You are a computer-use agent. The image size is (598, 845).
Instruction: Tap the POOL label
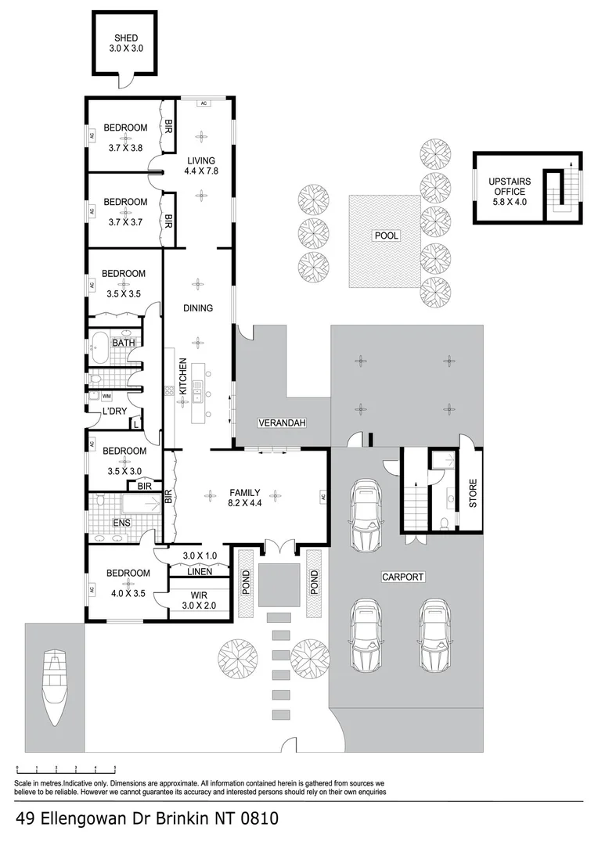click(387, 235)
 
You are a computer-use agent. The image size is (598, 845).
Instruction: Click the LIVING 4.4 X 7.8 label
click(200, 166)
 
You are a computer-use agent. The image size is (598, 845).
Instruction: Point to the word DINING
click(198, 307)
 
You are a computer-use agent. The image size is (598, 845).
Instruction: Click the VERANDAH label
click(281, 423)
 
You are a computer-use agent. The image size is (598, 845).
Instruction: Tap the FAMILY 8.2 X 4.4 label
click(243, 498)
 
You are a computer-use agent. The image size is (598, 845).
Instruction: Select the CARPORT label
click(402, 577)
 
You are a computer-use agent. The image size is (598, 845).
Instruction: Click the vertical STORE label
click(473, 493)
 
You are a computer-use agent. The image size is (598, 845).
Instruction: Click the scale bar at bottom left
click(66, 768)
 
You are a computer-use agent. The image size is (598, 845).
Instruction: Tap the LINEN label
click(199, 571)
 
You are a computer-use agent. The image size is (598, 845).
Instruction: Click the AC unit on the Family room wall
click(322, 496)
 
